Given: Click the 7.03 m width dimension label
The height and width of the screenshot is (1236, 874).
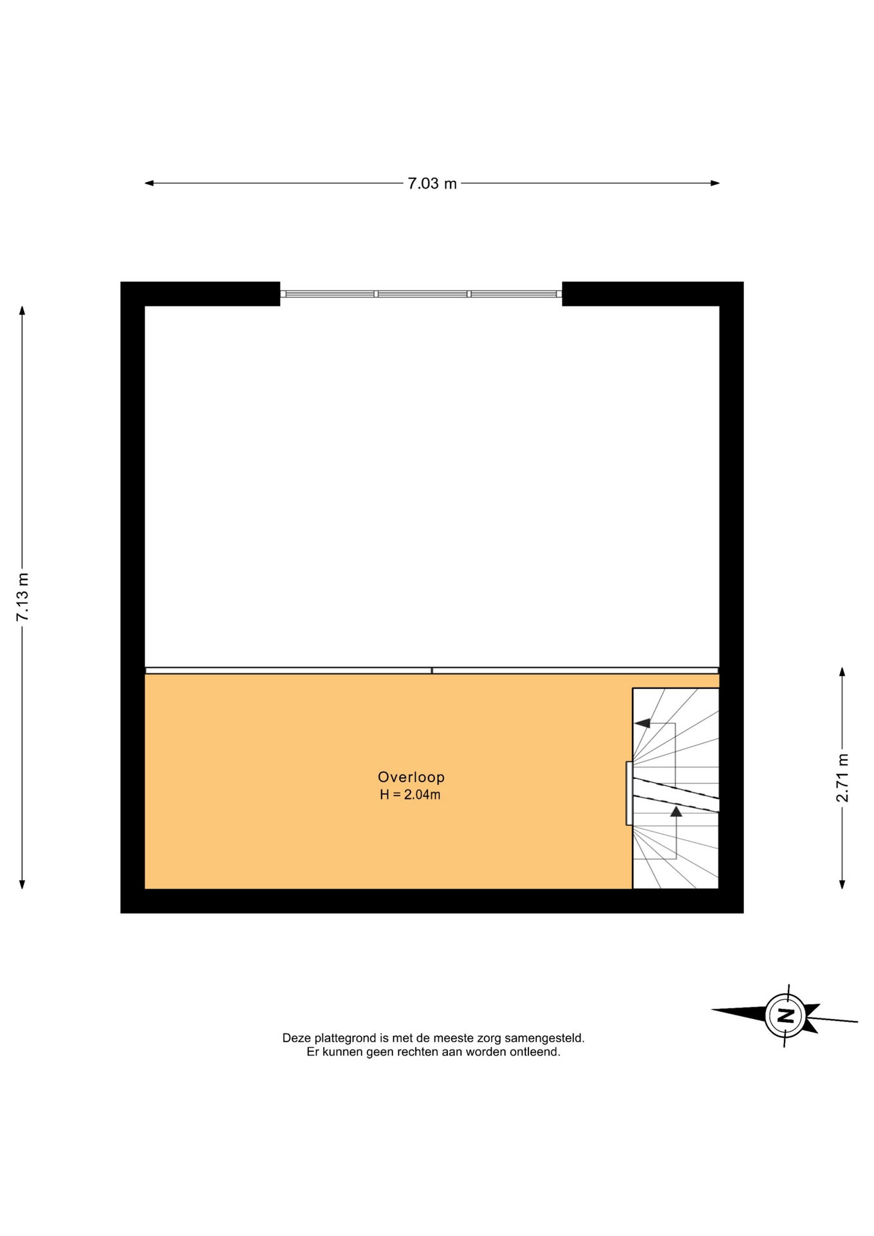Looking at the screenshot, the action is pyautogui.click(x=432, y=183).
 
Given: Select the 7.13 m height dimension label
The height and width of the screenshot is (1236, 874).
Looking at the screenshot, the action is pyautogui.click(x=23, y=597).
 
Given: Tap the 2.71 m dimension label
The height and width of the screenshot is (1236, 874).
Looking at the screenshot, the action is pyautogui.click(x=842, y=778).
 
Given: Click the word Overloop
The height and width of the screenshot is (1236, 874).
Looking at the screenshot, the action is pyautogui.click(x=411, y=777).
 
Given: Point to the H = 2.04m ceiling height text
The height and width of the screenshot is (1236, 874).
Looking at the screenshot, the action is pyautogui.click(x=410, y=794).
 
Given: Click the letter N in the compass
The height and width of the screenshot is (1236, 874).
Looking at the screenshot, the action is pyautogui.click(x=785, y=1016).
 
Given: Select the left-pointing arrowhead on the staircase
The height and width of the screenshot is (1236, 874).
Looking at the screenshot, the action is pyautogui.click(x=642, y=723).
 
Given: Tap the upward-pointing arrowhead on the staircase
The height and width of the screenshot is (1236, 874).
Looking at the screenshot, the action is pyautogui.click(x=676, y=812).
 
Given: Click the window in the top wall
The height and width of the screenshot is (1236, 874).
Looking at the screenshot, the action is pyautogui.click(x=421, y=294).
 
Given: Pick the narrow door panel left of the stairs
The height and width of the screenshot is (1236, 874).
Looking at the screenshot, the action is pyautogui.click(x=629, y=793).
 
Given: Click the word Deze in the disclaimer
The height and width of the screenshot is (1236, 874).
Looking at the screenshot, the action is pyautogui.click(x=297, y=1038).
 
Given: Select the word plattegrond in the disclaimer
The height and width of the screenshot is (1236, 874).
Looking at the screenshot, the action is pyautogui.click(x=345, y=1038).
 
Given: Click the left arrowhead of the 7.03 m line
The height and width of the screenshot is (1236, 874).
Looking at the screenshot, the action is pyautogui.click(x=149, y=183).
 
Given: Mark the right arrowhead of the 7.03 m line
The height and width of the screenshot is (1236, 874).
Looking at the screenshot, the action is pyautogui.click(x=715, y=183).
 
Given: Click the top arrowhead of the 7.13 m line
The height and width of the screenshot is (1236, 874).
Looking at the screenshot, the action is pyautogui.click(x=23, y=310).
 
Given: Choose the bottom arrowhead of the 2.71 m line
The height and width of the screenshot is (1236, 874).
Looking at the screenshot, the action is pyautogui.click(x=842, y=885).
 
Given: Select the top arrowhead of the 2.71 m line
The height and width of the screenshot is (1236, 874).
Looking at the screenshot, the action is pyautogui.click(x=842, y=672).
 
